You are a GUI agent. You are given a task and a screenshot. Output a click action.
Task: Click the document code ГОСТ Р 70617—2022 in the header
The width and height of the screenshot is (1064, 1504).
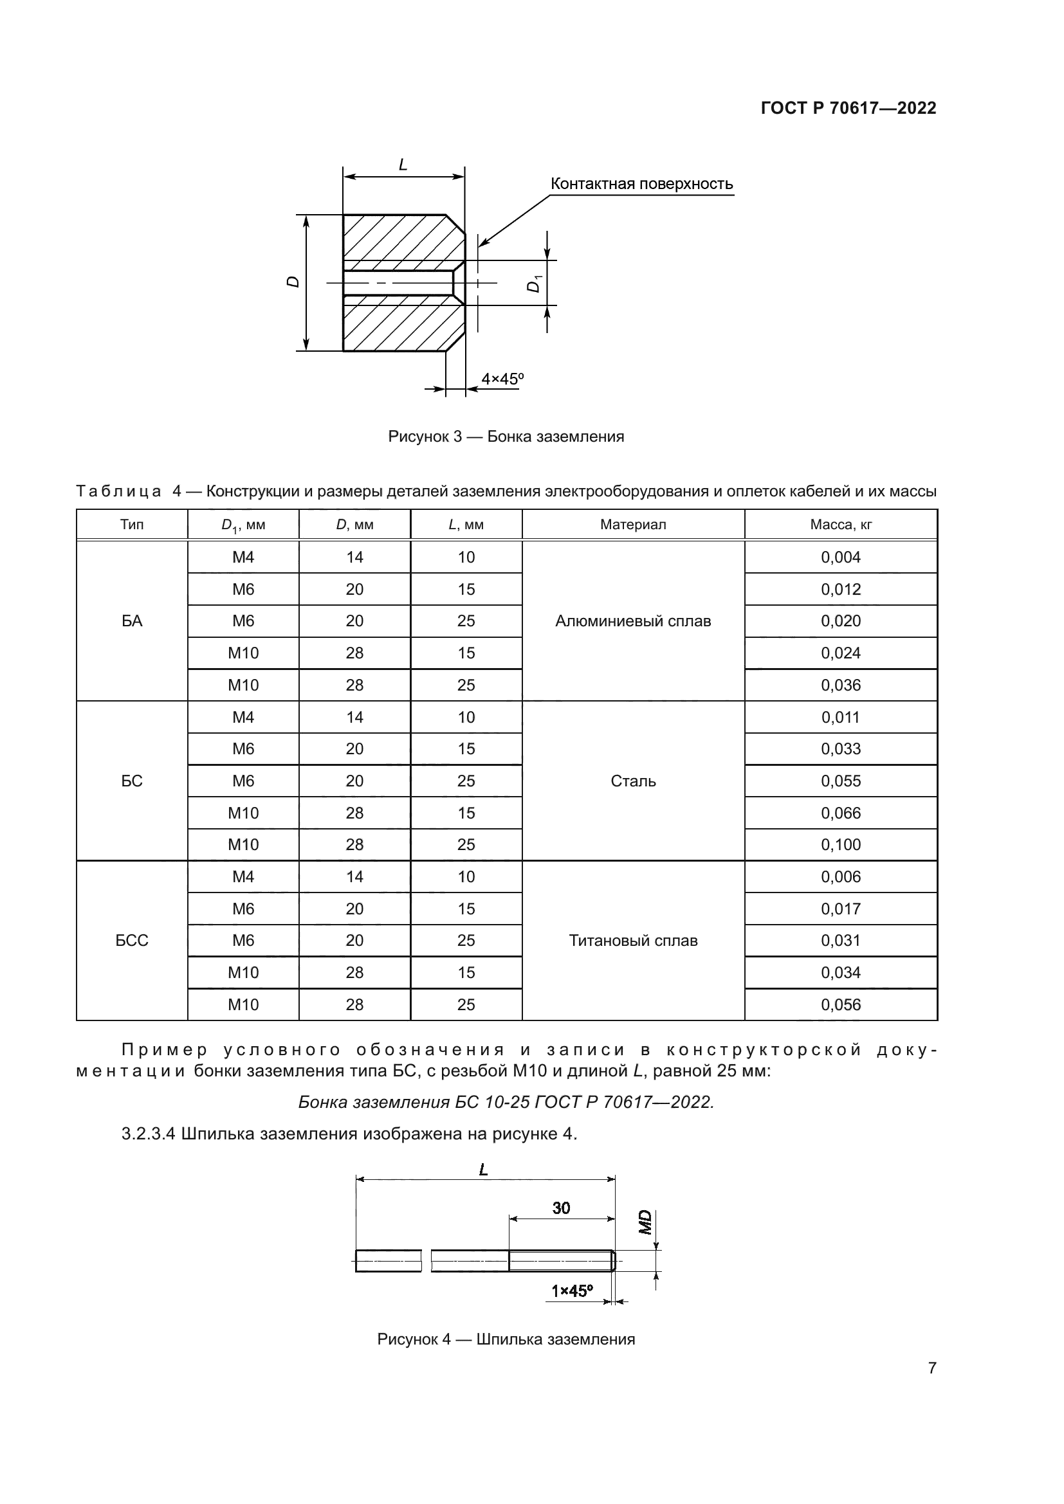coord(848,108)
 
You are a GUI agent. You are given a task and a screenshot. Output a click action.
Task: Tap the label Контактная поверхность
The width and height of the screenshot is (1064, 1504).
coord(641,184)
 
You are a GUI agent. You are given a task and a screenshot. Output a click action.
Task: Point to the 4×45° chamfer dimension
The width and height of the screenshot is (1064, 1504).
coord(502,379)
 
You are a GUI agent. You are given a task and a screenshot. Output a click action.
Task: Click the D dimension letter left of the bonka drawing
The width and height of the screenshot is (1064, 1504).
coord(293,282)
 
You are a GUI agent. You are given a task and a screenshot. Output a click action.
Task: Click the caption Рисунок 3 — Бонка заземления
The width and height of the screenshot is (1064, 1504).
coord(506,436)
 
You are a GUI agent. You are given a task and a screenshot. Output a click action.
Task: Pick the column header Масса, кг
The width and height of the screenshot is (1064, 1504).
coord(841,525)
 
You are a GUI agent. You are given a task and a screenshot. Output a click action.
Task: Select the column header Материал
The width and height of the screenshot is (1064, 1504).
coord(633,525)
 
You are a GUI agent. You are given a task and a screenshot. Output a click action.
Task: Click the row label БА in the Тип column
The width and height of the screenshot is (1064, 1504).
coord(132,621)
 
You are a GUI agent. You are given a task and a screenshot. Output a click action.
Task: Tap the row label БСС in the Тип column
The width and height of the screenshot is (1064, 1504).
coord(132,941)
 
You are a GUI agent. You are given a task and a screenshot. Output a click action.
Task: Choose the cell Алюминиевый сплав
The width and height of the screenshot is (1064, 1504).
coord(633,621)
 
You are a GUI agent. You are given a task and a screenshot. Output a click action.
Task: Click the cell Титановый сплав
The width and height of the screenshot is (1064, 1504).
coord(633,941)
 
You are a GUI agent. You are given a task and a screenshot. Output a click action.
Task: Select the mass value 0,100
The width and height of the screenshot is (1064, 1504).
coord(841,845)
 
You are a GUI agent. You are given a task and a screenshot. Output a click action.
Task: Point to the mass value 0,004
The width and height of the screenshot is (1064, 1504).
coord(841,557)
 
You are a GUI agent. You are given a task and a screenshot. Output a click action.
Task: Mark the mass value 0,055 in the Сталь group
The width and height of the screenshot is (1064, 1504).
coord(841,781)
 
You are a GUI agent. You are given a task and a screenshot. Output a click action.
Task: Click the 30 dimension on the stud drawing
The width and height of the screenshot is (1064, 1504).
coord(561,1208)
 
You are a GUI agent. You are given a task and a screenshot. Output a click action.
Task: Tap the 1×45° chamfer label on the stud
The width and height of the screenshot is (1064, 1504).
coord(571,1291)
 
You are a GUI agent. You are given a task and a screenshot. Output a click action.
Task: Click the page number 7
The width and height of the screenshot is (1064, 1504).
coord(931,1368)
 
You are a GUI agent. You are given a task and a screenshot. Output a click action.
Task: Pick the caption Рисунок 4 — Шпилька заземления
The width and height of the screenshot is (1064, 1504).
coord(506,1339)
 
